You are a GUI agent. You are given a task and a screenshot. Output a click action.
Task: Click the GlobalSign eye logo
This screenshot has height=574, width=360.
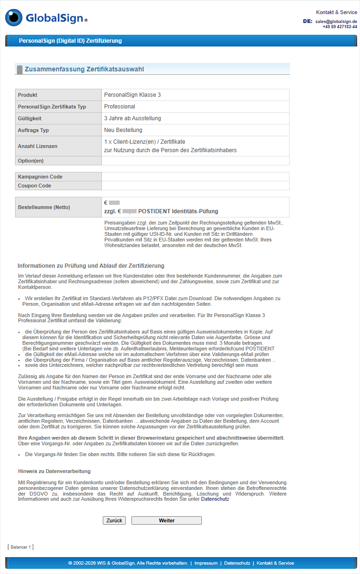(14, 18)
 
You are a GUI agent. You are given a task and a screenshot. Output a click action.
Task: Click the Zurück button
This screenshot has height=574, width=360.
(114, 520)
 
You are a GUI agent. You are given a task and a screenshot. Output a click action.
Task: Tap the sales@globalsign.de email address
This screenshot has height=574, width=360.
(336, 22)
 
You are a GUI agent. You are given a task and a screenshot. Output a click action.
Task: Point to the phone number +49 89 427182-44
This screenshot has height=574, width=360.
(339, 27)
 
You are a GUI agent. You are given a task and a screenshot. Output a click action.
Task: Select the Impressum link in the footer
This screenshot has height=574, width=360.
(206, 563)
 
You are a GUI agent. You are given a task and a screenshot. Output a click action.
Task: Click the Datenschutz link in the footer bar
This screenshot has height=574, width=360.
(237, 563)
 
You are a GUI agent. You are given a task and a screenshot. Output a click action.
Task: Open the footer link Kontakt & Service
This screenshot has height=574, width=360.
(275, 563)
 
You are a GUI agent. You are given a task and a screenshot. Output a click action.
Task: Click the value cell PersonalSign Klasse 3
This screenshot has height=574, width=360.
(132, 95)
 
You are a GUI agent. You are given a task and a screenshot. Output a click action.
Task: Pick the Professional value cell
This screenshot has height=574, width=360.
(120, 107)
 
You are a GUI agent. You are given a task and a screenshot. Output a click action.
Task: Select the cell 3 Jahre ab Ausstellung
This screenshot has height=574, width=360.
(132, 118)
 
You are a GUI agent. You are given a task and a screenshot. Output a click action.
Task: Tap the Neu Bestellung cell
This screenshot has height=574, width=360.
(123, 130)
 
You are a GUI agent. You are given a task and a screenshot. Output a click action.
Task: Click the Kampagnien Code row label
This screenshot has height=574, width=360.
(40, 177)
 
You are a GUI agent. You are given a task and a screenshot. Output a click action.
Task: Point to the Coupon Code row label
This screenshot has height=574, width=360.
(35, 186)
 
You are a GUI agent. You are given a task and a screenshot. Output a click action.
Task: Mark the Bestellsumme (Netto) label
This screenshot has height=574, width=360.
(44, 207)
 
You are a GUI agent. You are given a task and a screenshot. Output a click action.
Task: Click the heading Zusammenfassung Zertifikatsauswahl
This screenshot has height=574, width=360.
(84, 69)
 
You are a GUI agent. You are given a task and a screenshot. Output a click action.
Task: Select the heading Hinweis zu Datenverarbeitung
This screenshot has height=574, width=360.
(54, 471)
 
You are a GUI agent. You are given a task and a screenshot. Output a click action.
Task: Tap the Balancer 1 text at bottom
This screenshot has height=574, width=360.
(21, 547)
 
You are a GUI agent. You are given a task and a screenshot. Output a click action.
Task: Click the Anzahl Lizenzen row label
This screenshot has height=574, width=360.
(38, 146)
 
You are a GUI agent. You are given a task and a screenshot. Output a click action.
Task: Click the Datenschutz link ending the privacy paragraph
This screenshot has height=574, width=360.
(215, 499)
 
